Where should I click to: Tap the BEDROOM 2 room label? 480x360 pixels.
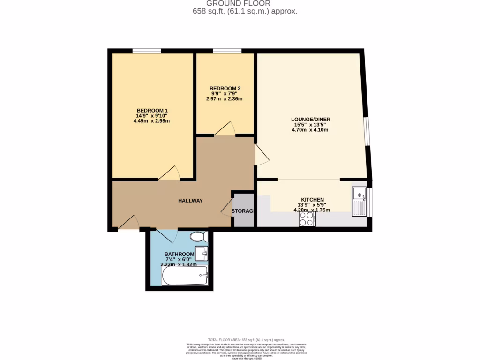tap(225, 88)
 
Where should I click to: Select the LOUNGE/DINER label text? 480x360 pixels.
tap(310, 120)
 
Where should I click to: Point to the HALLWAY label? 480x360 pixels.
tap(190, 201)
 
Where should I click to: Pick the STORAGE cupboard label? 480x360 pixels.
tap(242, 211)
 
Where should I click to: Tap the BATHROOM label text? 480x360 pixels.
tap(179, 255)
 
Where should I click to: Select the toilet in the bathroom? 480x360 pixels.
tap(200, 236)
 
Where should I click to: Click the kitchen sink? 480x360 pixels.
tap(360, 201)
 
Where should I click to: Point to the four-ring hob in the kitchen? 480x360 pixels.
tap(307, 219)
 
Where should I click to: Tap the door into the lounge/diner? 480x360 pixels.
tap(262, 155)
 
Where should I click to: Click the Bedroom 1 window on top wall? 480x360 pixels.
tap(146, 51)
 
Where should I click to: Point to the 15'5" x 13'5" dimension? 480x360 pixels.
tap(310, 125)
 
